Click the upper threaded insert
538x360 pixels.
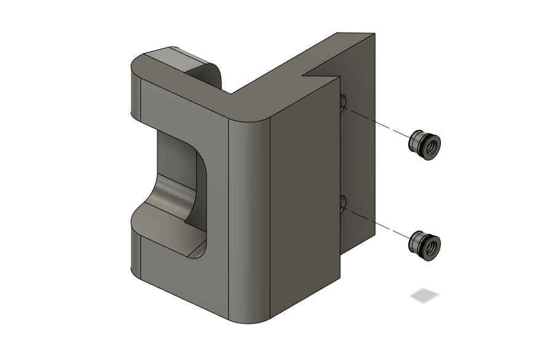(x=424, y=144)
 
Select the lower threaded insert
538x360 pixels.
(x=424, y=243)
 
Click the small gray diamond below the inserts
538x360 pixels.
(x=425, y=296)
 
